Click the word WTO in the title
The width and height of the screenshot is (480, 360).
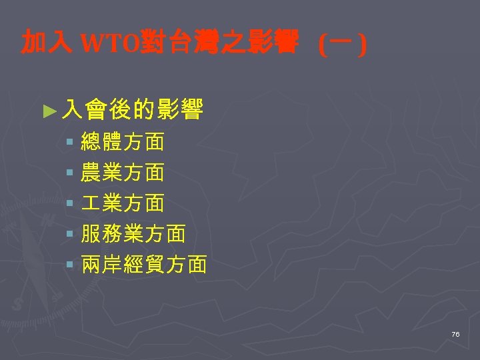[x=109, y=44]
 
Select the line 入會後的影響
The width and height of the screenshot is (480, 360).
[x=131, y=109]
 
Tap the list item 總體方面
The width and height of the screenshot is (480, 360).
[x=122, y=141]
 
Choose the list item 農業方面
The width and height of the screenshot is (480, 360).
[x=122, y=173]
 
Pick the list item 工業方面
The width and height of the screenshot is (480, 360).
[x=122, y=203]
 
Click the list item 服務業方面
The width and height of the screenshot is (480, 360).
[x=133, y=234]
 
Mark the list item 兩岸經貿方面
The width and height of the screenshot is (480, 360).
[x=143, y=265]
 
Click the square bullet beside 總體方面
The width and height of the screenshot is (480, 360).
[x=70, y=142]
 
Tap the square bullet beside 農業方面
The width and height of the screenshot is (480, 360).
[x=70, y=173]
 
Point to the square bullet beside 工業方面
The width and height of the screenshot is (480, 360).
[x=70, y=203]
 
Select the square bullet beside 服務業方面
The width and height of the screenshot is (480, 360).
[x=70, y=235]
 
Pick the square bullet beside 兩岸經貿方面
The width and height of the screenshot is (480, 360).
[x=70, y=266]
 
